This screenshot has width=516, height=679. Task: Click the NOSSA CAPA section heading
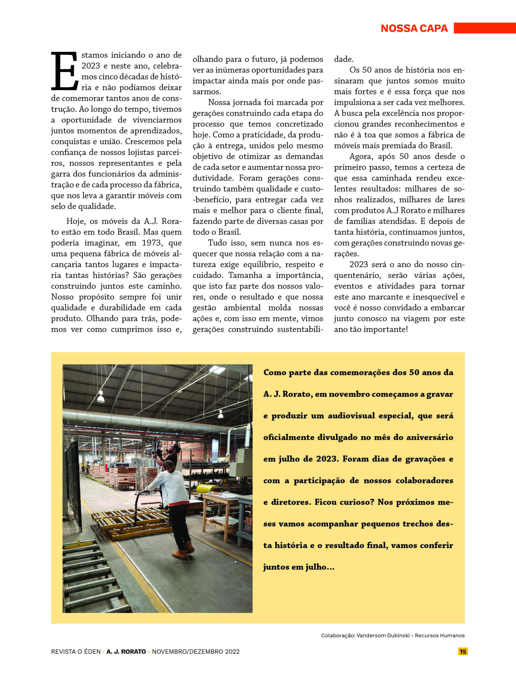(414, 28)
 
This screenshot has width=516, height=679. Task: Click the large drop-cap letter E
(64, 71)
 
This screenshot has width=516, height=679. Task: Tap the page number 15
(463, 651)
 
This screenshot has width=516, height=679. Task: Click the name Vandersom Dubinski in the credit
(383, 636)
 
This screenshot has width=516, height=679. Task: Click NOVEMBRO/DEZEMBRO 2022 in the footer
(196, 652)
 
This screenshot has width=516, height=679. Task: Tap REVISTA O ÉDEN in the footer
(76, 652)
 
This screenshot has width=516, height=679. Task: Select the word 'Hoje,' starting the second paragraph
(76, 221)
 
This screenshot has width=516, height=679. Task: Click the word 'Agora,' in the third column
(361, 156)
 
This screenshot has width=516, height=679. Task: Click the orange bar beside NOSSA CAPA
(484, 28)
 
